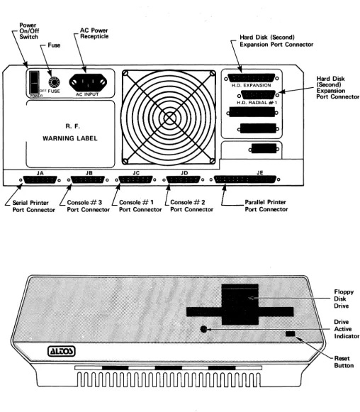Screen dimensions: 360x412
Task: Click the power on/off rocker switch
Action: tap(34, 82)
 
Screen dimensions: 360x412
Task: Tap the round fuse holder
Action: tap(54, 82)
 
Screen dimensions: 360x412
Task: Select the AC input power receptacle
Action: tap(88, 82)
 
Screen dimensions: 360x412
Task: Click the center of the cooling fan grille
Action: tap(169, 118)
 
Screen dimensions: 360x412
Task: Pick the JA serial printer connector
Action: tap(40, 179)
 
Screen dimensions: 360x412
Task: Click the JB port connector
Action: tap(88, 179)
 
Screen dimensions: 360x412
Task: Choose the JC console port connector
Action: tap(136, 179)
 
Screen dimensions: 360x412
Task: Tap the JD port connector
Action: tap(184, 179)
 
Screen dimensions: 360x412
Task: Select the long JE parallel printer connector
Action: tap(245, 179)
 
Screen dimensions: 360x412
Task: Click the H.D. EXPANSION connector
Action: tap(252, 78)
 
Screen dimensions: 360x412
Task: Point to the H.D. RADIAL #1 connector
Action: tap(258, 95)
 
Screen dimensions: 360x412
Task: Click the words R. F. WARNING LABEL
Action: tap(70, 133)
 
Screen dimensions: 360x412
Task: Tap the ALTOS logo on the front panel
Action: tap(62, 351)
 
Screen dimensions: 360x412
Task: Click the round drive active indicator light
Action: tap(203, 329)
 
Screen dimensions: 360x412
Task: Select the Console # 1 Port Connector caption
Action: tap(140, 206)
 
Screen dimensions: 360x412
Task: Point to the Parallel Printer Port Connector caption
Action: tap(266, 206)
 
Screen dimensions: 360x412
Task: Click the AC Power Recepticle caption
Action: tap(94, 33)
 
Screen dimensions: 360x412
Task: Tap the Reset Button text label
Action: tap(344, 362)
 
